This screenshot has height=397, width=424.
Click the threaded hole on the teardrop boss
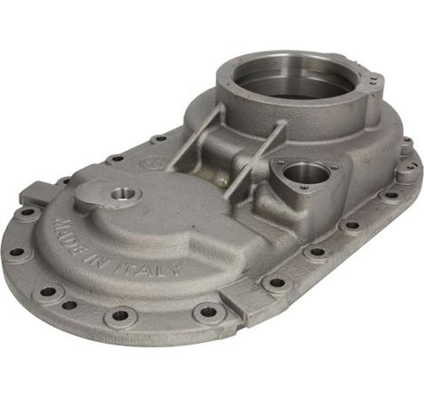[x=124, y=196]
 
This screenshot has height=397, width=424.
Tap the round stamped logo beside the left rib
[x=153, y=163]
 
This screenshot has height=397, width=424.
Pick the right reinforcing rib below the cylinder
[x=255, y=160]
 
